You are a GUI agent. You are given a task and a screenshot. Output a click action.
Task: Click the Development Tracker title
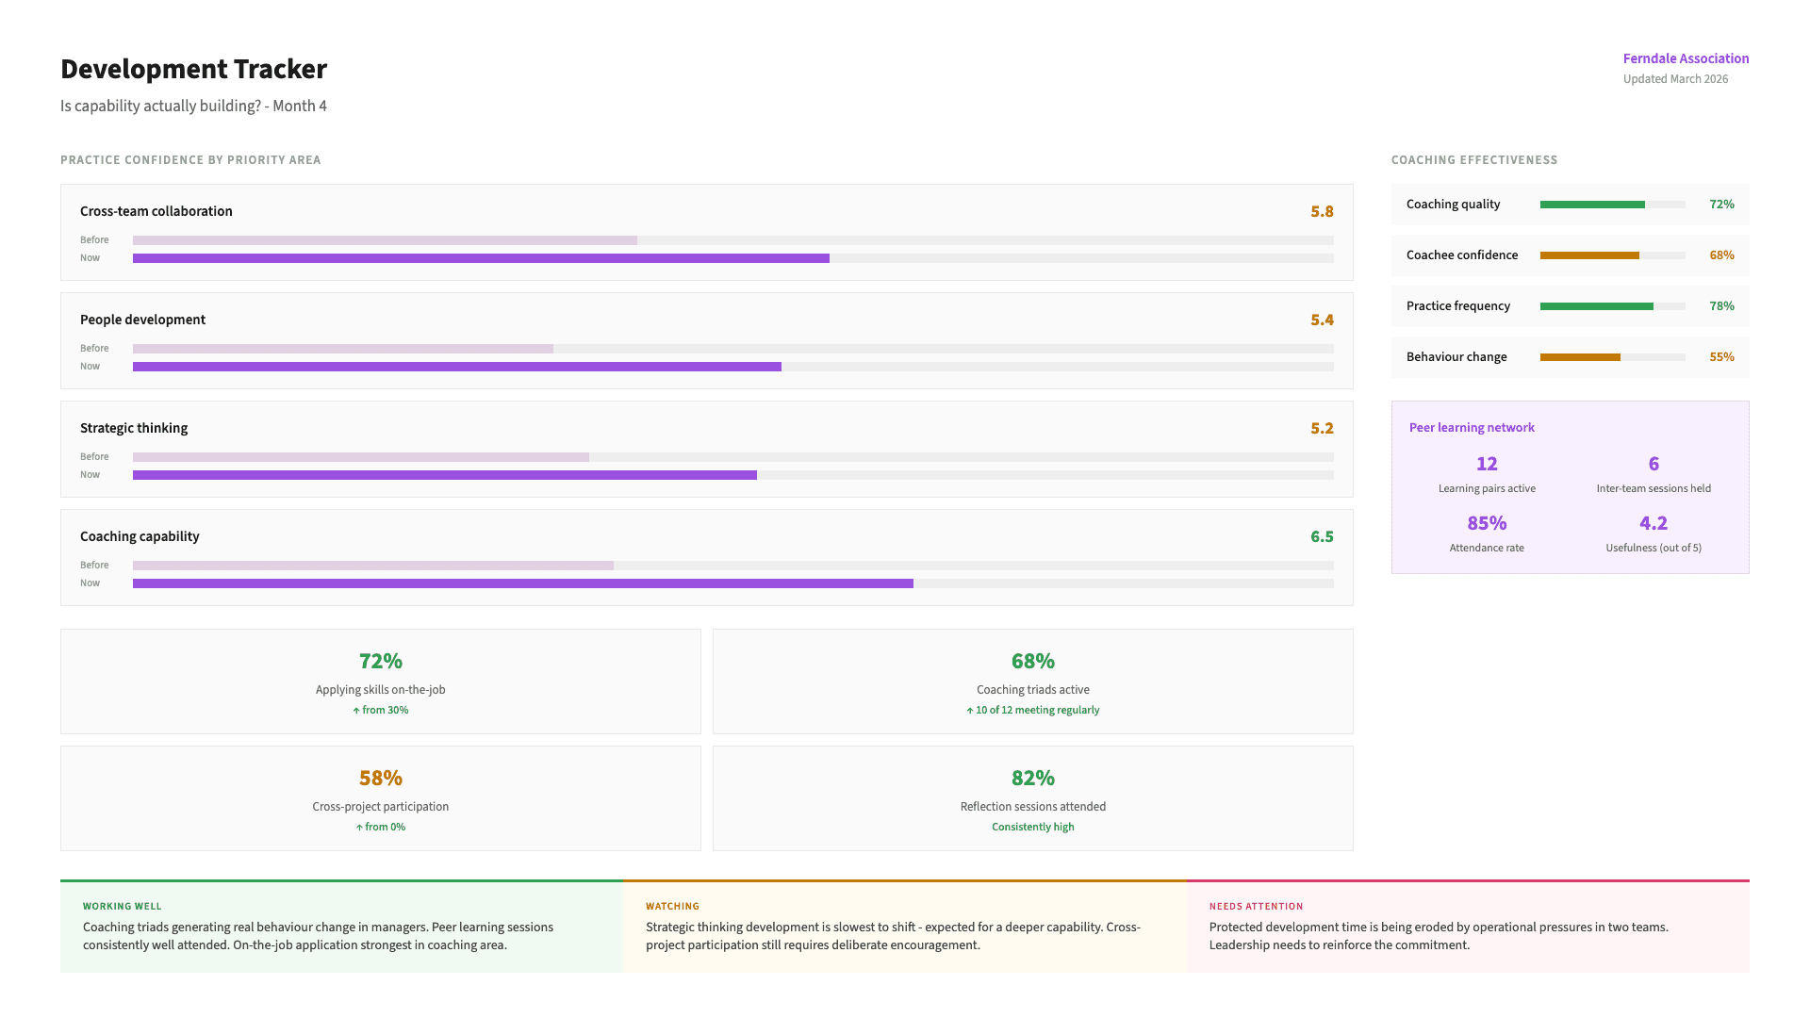[193, 69]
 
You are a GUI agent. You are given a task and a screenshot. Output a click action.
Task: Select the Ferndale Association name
[1686, 58]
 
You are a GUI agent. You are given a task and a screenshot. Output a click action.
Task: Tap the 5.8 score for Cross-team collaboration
[1322, 212]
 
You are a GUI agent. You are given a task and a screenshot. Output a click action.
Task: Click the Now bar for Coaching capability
[523, 583]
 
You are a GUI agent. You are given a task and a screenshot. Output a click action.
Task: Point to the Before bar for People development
[343, 349]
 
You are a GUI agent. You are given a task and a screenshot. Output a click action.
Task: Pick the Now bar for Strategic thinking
[445, 475]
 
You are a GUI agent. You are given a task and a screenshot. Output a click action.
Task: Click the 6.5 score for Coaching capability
[1322, 537]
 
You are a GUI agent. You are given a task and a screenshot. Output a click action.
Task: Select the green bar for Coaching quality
[1592, 205]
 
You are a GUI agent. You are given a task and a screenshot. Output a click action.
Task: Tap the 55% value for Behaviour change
[1721, 357]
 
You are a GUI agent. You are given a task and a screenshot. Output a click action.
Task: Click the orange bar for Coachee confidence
[1589, 255]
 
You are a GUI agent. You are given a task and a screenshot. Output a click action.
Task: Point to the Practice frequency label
[1457, 306]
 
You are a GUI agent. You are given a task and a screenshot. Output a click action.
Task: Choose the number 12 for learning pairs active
[1487, 464]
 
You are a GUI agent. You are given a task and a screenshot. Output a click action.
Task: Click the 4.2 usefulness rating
[1654, 523]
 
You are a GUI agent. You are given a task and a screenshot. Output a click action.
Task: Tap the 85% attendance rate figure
[1487, 523]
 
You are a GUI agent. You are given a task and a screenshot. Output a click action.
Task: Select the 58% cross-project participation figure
[381, 779]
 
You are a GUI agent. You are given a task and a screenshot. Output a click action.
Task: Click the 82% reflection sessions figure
[1032, 779]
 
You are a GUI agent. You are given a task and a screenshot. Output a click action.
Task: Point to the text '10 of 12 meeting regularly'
[1037, 711]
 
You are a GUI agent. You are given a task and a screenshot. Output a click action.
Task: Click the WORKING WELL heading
[122, 907]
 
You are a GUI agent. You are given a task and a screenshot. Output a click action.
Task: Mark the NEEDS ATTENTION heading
[1256, 907]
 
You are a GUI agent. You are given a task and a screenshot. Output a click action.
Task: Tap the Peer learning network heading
[1472, 428]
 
